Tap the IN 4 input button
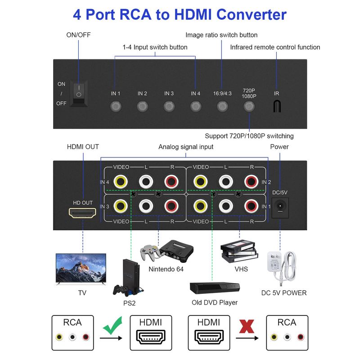[x=195, y=107]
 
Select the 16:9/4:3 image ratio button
[x=222, y=107]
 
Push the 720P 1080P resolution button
[x=248, y=107]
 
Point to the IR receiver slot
[x=277, y=106]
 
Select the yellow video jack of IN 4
[x=120, y=182]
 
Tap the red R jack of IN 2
[x=251, y=182]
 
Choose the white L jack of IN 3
[x=145, y=207]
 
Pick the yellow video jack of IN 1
[x=200, y=207]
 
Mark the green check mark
[x=113, y=326]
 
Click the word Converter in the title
[x=251, y=14]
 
